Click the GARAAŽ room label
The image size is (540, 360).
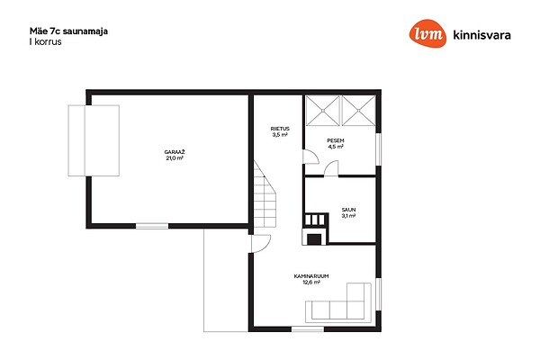tap(175, 152)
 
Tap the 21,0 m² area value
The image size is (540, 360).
tap(175, 158)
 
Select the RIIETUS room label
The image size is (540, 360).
tap(280, 129)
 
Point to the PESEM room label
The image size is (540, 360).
tap(336, 140)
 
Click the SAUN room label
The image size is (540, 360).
tap(348, 210)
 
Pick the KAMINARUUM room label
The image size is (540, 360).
tap(311, 276)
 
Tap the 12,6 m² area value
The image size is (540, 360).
tap(311, 282)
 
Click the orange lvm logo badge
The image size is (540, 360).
tap(427, 33)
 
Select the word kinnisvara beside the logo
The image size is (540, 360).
tap(481, 35)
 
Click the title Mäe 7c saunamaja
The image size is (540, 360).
tap(68, 31)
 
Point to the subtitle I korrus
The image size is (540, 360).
tap(46, 41)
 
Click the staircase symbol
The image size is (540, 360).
tap(265, 194)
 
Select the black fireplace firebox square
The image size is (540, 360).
tap(314, 239)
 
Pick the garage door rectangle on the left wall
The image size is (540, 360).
tap(94, 140)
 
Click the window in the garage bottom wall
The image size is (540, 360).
tap(152, 226)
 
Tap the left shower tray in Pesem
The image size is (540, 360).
tap(323, 111)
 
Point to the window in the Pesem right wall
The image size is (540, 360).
tap(379, 149)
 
